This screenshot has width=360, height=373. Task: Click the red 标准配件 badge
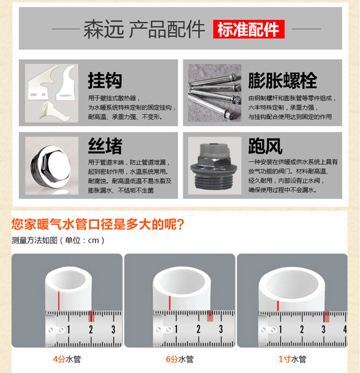pos(249,29)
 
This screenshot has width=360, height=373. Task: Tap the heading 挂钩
pos(105,80)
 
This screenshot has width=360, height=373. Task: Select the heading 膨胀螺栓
pos(283,80)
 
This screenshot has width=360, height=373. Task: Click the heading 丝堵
pos(105,146)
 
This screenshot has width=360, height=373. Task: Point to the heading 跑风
pos(265,146)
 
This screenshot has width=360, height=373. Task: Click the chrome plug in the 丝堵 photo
pos(51,167)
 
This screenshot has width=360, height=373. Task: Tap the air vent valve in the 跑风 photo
pos(213,166)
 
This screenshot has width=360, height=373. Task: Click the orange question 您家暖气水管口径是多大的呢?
pos(98,224)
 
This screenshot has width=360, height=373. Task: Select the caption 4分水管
pos(67,359)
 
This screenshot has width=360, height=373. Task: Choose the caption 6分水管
pos(180,359)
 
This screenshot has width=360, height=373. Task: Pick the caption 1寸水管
pos(292,359)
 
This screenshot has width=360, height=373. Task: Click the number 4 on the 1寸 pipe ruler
pos(345,329)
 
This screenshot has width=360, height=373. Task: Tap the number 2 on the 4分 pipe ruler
pos(91,329)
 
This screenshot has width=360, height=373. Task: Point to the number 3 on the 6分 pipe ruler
pos(221,329)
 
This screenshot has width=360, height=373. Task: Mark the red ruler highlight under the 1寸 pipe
pos(326,316)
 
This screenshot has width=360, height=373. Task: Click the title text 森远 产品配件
pos(144,29)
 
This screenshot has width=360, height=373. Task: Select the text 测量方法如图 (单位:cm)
pos(58,240)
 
